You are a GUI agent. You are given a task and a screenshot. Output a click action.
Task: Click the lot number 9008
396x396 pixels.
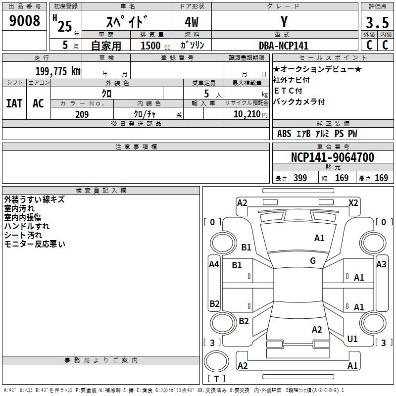pos(24,20)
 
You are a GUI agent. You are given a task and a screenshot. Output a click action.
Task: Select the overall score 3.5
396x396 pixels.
pos(377,22)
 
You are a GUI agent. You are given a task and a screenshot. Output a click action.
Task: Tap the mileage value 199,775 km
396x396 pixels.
pos(58,71)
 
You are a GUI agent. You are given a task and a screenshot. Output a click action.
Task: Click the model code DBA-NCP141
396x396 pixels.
pos(284,46)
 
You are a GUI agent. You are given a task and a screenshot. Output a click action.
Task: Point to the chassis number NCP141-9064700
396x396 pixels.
pos(333,157)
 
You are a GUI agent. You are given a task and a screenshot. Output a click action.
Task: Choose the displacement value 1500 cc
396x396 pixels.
pos(155,46)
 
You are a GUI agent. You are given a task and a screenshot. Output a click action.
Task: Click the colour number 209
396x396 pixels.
pos(82,114)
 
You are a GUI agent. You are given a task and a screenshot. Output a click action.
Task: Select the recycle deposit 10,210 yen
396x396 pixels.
pos(250,114)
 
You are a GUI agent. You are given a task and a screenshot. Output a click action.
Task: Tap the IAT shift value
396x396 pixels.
pos(14,103)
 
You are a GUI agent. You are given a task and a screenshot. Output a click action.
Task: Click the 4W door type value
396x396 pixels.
pos(192,22)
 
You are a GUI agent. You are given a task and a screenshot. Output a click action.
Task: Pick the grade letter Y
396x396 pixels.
pos(284,22)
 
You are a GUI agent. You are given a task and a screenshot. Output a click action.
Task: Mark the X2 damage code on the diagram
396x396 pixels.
pos(353,203)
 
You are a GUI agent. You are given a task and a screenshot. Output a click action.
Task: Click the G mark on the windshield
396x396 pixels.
pos(313,260)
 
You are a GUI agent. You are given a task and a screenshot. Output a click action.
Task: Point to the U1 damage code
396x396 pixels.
pos(352,339)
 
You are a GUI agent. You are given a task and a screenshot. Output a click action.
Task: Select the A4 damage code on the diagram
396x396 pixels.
pos(214,264)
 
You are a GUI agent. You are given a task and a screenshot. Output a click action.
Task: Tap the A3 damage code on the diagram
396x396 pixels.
pos(381,264)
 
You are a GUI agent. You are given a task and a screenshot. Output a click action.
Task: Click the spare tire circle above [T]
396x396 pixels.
pos(216,361)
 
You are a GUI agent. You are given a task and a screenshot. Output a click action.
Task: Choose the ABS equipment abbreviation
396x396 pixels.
pos(284,134)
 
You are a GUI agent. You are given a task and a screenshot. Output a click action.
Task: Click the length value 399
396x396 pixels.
pos(300,178)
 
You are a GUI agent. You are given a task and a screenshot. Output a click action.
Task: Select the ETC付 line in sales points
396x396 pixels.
pos(288,91)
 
